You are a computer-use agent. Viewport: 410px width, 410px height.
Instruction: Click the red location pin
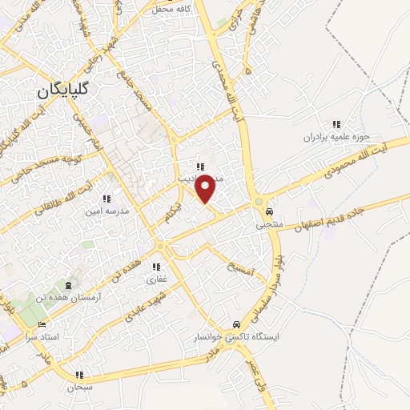pyautogui.click(x=206, y=187)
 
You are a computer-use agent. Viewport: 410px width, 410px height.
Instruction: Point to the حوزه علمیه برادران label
pyautogui.click(x=336, y=137)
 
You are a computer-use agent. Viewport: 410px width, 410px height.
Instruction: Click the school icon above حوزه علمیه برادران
pyautogui.click(x=336, y=124)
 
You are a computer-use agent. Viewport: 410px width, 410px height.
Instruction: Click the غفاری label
pyautogui.click(x=155, y=279)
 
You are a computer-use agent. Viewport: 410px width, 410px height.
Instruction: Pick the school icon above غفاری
pyautogui.click(x=157, y=267)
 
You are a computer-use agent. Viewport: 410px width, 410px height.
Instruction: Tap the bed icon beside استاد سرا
pyautogui.click(x=42, y=324)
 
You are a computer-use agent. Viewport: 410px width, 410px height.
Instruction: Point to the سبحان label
pyautogui.click(x=80, y=387)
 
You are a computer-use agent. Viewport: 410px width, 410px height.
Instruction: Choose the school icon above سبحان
pyautogui.click(x=79, y=374)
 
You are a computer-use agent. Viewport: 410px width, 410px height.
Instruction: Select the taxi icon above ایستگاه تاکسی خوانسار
pyautogui.click(x=235, y=324)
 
